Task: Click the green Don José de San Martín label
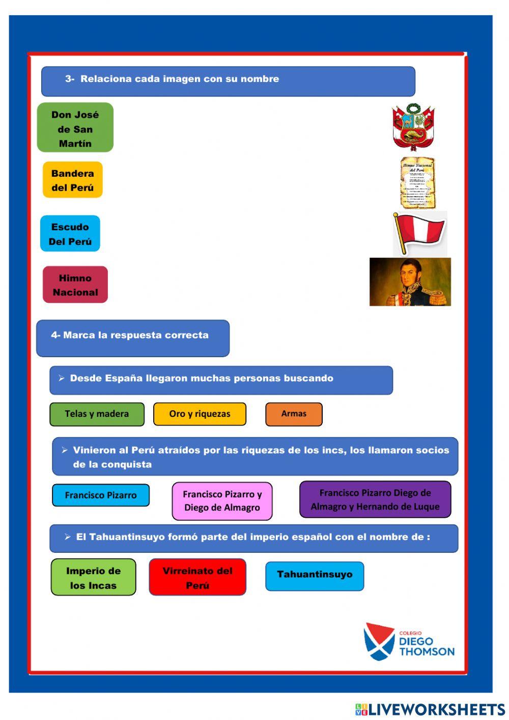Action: (75, 128)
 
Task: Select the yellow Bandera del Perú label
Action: (72, 180)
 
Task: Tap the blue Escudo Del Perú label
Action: (70, 234)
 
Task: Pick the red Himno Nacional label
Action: (75, 285)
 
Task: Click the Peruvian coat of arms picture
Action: (413, 127)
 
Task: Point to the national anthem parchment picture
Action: (417, 182)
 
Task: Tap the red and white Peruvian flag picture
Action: (420, 233)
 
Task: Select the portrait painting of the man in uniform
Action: (410, 282)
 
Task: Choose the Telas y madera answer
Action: (97, 414)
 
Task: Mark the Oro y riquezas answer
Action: (200, 414)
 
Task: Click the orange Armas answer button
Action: (294, 414)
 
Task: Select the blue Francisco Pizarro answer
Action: (101, 495)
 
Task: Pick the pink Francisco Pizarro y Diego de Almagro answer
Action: (222, 501)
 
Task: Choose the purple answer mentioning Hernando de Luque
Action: (375, 499)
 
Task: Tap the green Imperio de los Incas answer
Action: (93, 577)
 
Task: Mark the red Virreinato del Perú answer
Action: (197, 577)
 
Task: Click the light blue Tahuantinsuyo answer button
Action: (315, 576)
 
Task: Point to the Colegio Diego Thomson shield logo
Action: (379, 641)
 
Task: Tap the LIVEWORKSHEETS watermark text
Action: (436, 709)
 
